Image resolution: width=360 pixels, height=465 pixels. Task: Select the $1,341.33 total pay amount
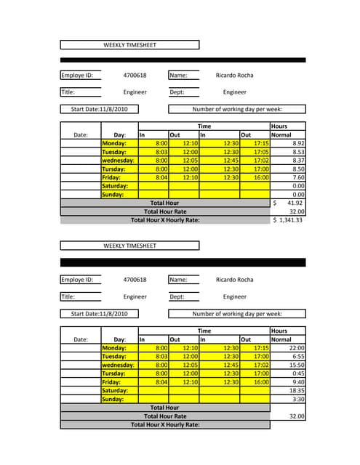[x=288, y=219]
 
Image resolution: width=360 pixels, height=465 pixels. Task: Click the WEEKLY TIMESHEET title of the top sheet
[x=129, y=45]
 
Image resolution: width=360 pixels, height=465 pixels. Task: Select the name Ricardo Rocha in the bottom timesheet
[x=234, y=280]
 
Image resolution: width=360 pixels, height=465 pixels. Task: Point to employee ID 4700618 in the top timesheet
[x=135, y=75]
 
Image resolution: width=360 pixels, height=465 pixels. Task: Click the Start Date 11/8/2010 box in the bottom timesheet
[x=99, y=314]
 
